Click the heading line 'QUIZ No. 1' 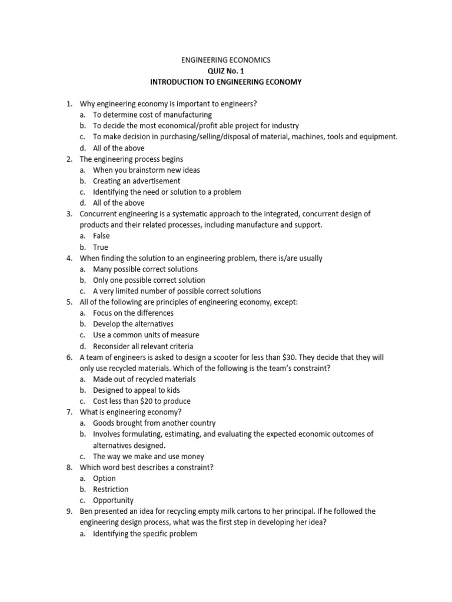click(225, 71)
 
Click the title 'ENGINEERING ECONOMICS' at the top click(225, 60)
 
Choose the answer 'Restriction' click(111, 489)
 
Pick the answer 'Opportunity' click(113, 500)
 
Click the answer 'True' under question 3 click(101, 247)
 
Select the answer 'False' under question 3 click(101, 236)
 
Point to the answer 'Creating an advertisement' click(137, 181)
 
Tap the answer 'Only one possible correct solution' click(149, 280)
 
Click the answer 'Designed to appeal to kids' click(136, 390)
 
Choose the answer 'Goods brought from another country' click(154, 423)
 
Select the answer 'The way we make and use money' click(149, 456)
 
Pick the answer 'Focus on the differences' click(133, 313)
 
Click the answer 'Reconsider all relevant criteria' click(143, 346)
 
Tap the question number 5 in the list click(69, 302)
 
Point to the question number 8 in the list click(69, 467)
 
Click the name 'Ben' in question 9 click(86, 511)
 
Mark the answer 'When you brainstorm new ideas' click(147, 170)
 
